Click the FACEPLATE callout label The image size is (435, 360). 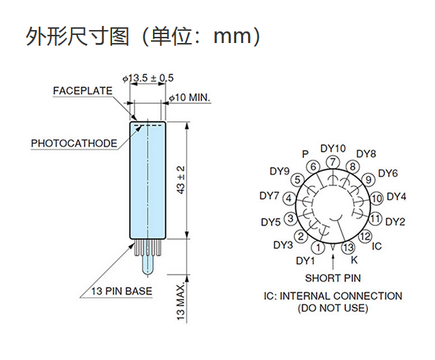[x=83, y=91]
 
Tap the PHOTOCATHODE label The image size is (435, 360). [x=74, y=143]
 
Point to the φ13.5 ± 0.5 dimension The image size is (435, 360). [x=148, y=79]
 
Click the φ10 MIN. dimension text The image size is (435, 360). [x=189, y=98]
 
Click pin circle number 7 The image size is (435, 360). [x=333, y=162]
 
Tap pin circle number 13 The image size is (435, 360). [x=348, y=247]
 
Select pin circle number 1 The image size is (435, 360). [x=318, y=247]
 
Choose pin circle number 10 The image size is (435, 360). [x=376, y=199]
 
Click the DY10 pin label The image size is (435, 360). [x=333, y=148]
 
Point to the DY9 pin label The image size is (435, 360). [x=280, y=171]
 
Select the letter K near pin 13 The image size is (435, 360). [x=354, y=260]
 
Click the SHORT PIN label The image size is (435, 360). [x=333, y=278]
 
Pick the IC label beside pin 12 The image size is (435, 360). [x=376, y=246]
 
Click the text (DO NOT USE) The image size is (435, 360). [x=333, y=308]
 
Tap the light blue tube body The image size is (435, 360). [x=148, y=180]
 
